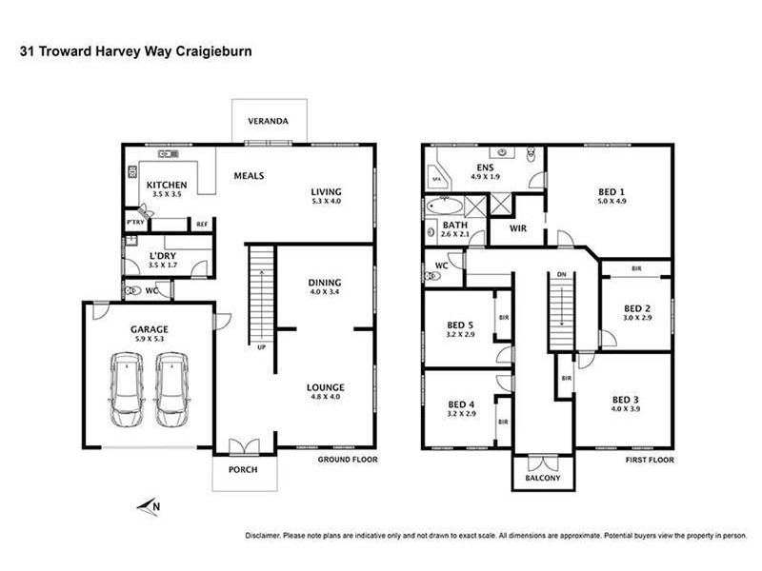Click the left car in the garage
(126, 390)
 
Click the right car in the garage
(171, 390)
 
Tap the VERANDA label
(269, 122)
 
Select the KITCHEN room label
(166, 185)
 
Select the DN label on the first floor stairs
(562, 277)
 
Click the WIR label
(518, 228)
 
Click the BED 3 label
(625, 399)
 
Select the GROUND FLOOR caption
(347, 460)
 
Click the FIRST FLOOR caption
(649, 460)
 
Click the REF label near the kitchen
(201, 225)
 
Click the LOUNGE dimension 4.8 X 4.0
(326, 398)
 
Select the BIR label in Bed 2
(635, 270)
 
